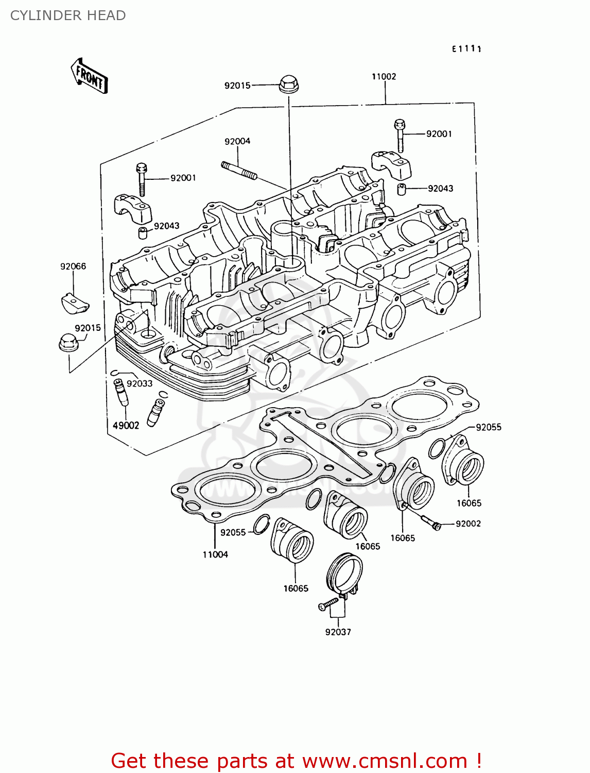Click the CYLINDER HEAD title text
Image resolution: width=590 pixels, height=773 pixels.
68,15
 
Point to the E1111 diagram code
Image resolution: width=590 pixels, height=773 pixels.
466,49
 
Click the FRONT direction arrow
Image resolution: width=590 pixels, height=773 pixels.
89,76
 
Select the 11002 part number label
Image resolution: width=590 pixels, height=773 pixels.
384,77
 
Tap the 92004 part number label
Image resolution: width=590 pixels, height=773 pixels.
237,141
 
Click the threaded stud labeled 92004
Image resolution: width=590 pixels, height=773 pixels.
239,171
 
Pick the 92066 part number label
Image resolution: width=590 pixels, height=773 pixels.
73,266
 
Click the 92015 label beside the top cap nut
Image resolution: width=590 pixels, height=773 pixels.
237,86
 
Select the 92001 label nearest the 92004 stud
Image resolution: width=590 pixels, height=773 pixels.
183,178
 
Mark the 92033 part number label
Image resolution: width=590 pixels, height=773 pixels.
140,384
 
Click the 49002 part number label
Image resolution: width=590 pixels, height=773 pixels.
126,426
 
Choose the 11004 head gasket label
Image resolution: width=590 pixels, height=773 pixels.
215,554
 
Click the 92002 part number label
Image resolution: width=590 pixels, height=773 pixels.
468,524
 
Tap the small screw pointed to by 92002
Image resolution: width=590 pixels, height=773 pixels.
431,523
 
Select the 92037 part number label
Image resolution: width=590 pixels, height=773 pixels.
338,632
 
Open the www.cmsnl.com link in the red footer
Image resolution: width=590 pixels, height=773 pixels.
384,761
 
